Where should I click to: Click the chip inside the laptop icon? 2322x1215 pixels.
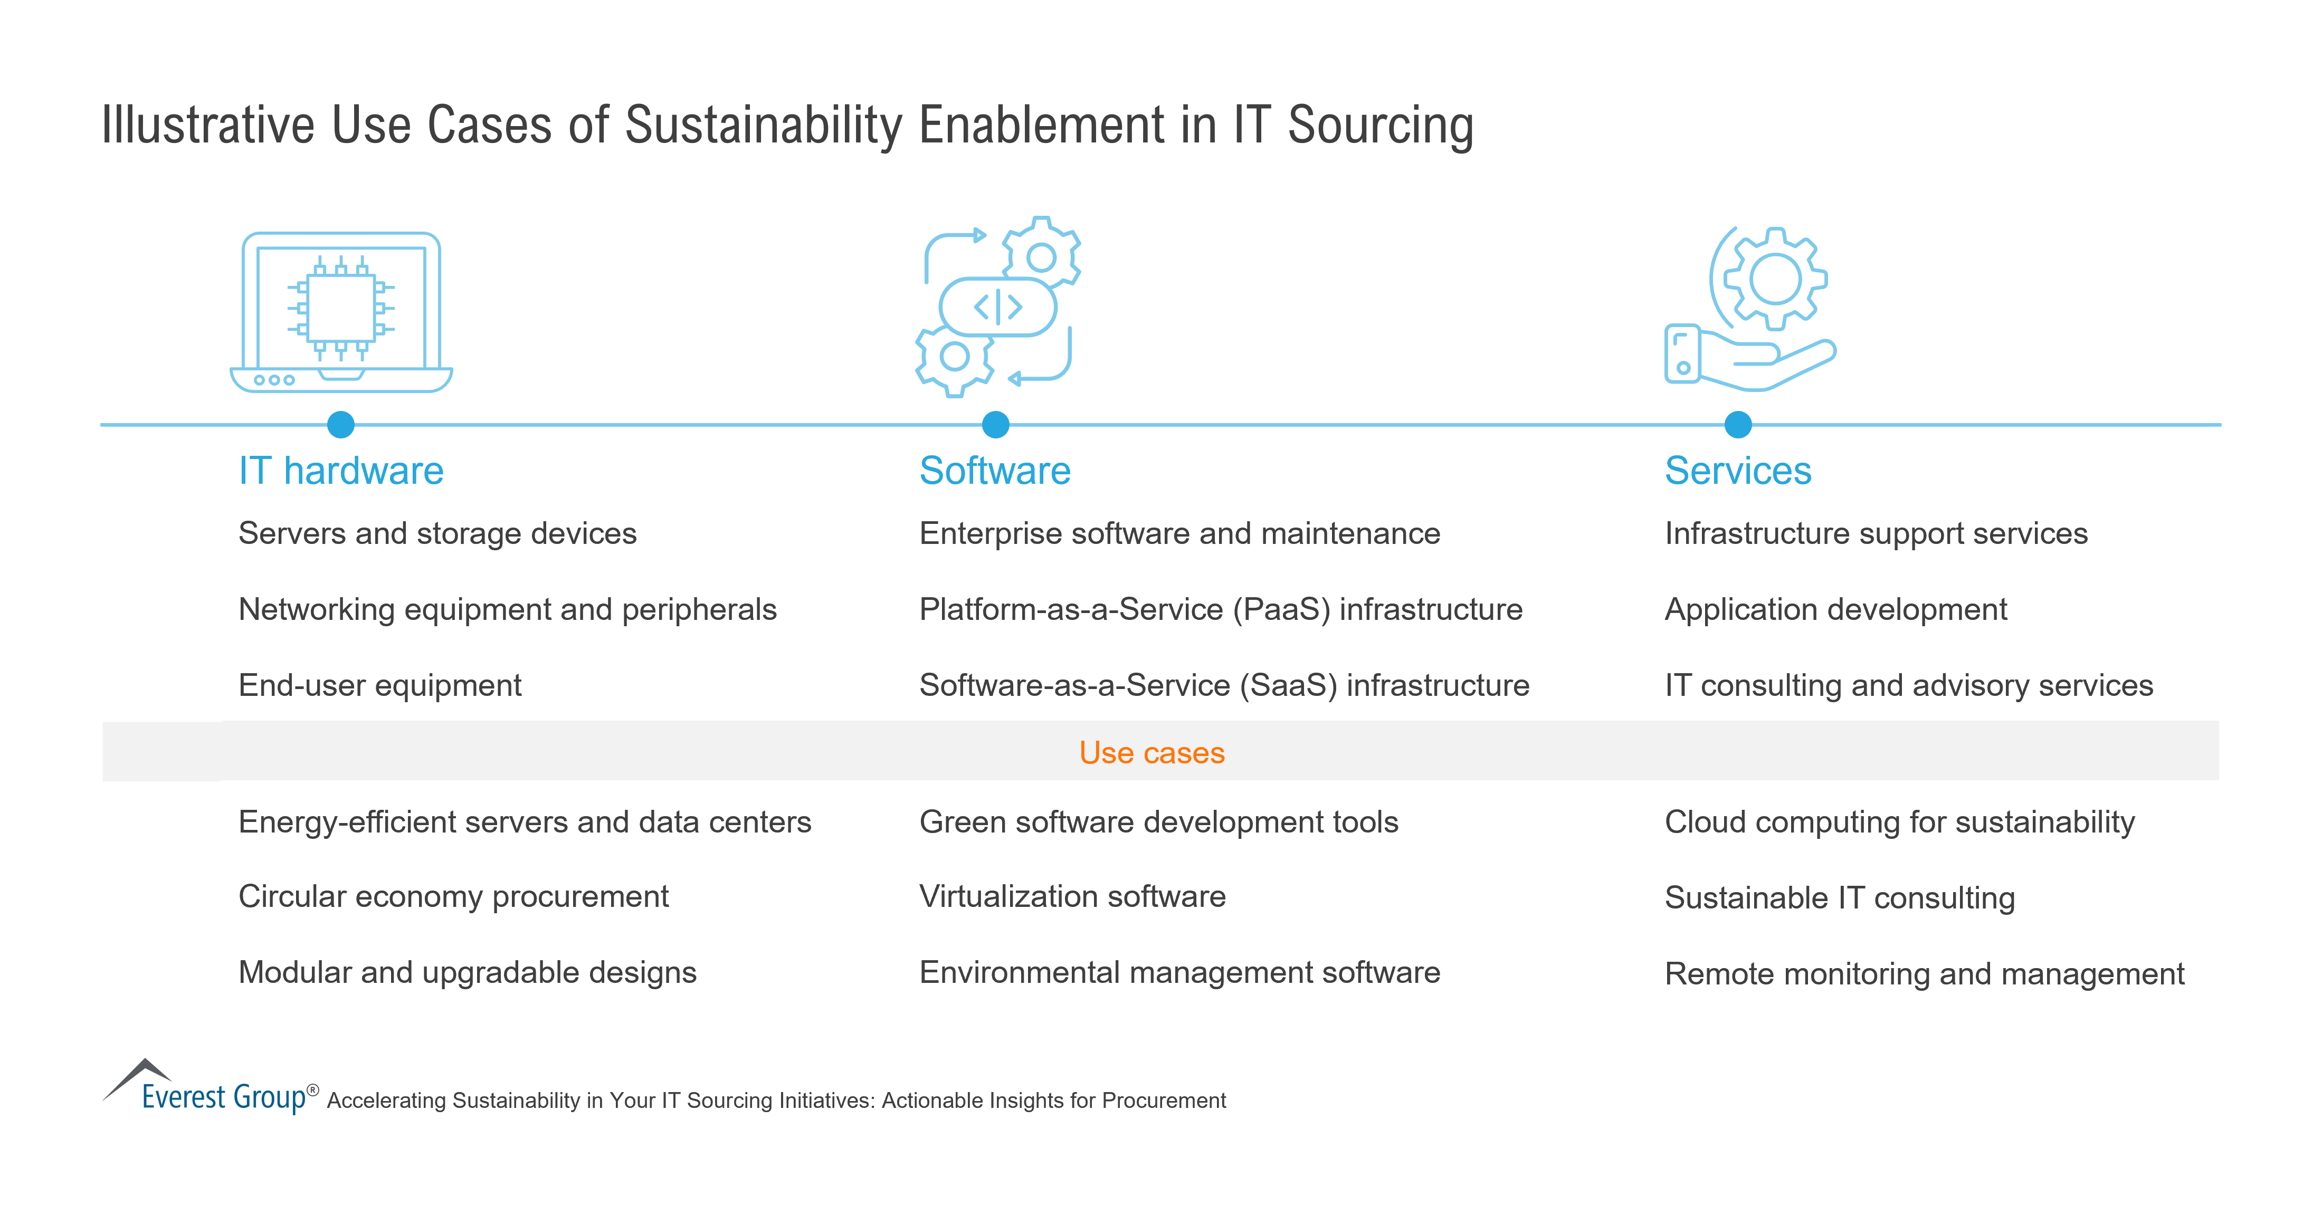[341, 308]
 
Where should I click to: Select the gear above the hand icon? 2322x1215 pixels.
[1774, 279]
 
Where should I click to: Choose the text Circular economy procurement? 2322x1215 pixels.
[453, 897]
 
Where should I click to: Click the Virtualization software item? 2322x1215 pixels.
[1072, 897]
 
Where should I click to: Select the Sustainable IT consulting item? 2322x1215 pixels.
[1839, 898]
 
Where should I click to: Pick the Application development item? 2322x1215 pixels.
[1835, 610]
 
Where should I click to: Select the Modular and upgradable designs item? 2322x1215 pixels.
[467, 972]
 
